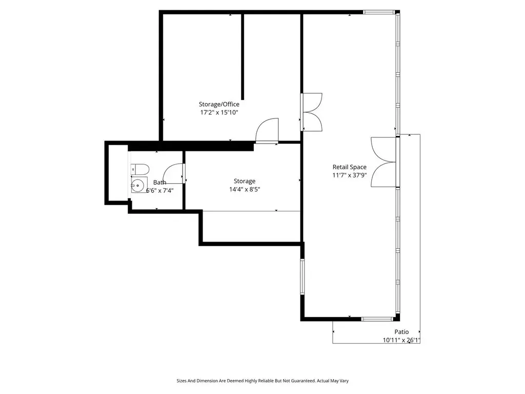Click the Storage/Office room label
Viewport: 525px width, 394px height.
[219, 104]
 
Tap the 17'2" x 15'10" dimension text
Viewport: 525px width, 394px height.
[219, 112]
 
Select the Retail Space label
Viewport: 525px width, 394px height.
[349, 167]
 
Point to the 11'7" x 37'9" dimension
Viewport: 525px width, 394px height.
[349, 175]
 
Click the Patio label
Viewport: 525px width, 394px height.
[401, 332]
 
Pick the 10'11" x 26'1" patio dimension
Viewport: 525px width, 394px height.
[401, 341]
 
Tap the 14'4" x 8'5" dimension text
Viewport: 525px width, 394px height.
[245, 190]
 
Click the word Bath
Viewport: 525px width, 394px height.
[160, 182]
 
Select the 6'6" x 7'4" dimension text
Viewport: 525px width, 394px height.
[160, 191]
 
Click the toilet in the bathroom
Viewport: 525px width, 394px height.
[139, 169]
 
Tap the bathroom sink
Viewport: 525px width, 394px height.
[138, 185]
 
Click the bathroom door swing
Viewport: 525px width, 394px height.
[174, 173]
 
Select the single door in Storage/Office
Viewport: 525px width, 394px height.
[267, 131]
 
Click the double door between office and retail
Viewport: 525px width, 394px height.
[312, 112]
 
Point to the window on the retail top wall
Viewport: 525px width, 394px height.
[379, 12]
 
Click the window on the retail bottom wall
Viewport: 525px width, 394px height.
[377, 319]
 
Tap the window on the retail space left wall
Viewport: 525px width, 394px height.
[302, 277]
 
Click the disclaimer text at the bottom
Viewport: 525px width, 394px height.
[262, 381]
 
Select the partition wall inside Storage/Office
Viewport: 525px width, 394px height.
[243, 56]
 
